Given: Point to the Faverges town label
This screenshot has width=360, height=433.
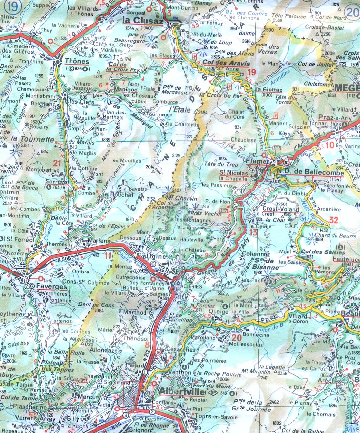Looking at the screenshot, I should [x=47, y=285].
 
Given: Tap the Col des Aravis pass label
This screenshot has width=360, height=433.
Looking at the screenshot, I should [x=226, y=64].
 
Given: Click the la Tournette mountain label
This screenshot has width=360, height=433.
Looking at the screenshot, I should [x=31, y=139].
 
